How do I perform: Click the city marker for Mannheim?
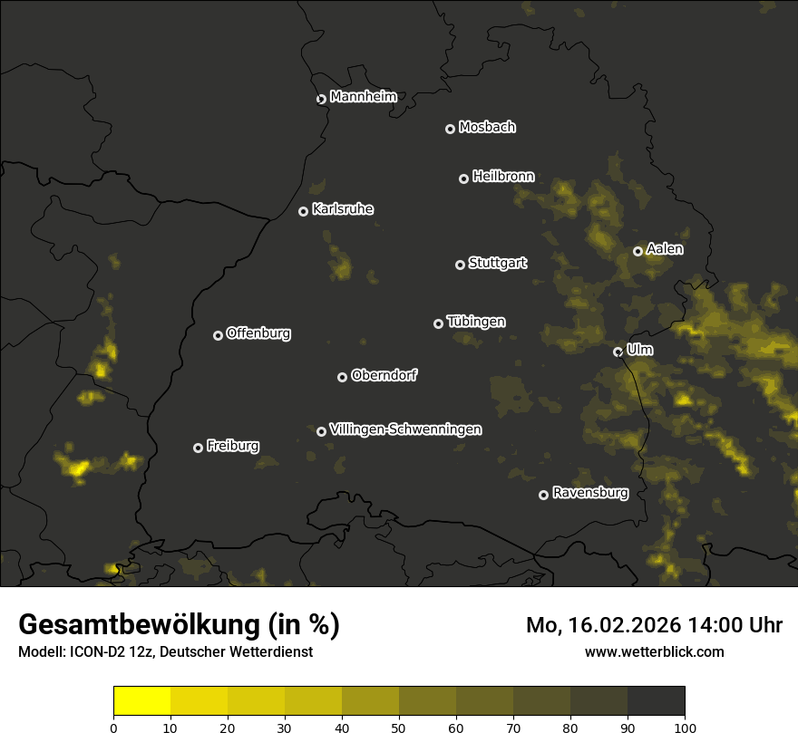321,100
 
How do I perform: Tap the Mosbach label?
487,128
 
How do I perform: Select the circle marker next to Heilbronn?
463,178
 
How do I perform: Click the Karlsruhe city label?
342,210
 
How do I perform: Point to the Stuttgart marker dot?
460,265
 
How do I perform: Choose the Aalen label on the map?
665,249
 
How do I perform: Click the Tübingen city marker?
438,323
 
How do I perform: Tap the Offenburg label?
258,333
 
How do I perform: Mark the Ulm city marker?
618,352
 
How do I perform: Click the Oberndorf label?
384,376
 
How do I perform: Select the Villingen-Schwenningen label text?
405,429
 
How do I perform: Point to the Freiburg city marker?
198,448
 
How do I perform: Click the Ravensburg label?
589,494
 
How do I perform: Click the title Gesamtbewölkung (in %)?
179,625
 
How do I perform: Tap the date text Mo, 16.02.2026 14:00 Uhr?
654,625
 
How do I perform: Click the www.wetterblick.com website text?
654,652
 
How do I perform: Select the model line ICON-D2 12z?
165,652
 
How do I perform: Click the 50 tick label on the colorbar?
399,728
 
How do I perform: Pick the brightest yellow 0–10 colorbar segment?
141,701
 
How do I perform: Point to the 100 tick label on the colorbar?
685,728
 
